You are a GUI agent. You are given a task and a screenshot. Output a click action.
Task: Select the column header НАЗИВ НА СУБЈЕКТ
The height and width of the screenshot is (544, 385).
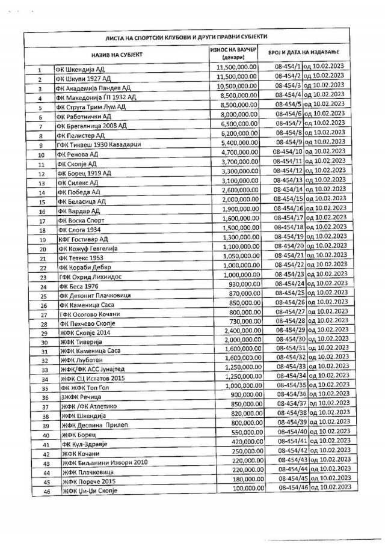(x=117, y=54)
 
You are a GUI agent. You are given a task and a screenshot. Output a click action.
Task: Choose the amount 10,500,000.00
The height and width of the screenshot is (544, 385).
(x=237, y=87)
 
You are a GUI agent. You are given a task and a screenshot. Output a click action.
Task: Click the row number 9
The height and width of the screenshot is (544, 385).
(x=40, y=145)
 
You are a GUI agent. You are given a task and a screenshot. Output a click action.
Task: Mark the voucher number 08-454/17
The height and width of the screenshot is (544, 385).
(x=288, y=218)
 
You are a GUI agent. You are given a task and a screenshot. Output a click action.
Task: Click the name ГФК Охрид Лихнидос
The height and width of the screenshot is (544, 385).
(x=88, y=278)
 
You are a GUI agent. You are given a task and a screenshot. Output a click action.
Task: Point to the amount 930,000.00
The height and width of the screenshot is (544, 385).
(x=244, y=283)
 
